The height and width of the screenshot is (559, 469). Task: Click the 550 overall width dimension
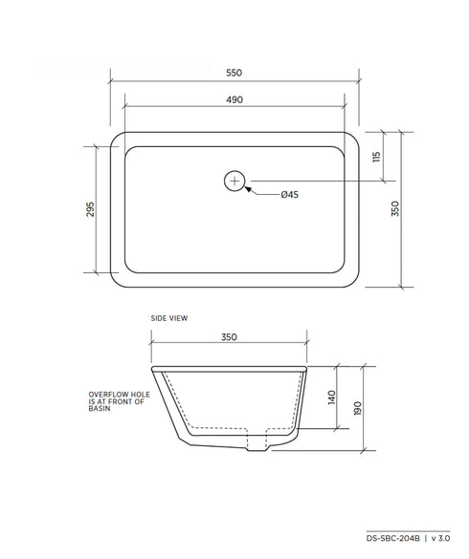click(234, 73)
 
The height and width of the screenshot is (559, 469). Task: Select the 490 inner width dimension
click(234, 99)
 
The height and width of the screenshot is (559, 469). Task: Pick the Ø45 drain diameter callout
click(290, 194)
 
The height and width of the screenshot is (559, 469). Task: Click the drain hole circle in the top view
click(235, 180)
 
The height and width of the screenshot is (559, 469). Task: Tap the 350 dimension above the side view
click(229, 336)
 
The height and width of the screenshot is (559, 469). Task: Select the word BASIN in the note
click(100, 408)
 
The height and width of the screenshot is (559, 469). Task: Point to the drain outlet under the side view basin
click(257, 445)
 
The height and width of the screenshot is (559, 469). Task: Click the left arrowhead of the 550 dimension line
click(112, 80)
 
